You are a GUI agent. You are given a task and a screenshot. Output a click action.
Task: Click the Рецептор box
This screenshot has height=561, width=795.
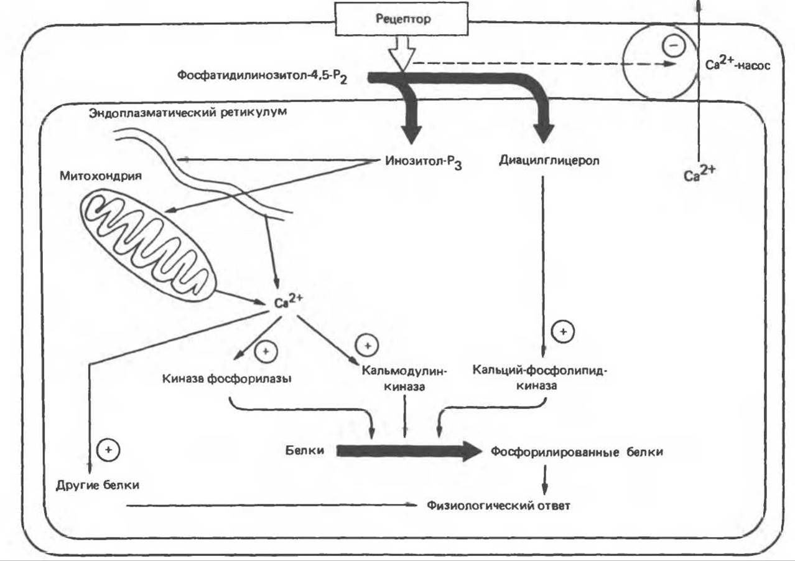(402, 19)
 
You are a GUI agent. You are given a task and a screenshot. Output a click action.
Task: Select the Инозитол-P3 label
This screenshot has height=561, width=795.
(419, 162)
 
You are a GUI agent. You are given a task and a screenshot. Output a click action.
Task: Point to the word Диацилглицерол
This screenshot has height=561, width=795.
(549, 161)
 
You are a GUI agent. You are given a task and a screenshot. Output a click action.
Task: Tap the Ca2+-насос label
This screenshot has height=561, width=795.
(737, 65)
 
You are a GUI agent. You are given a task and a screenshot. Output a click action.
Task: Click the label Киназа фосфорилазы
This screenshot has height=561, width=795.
(227, 378)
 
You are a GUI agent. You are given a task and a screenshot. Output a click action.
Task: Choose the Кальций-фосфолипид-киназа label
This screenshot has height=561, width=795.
(539, 378)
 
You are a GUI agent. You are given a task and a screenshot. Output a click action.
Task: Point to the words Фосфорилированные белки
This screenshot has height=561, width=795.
(576, 452)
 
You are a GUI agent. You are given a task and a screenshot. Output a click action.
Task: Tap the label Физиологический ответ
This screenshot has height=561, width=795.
(498, 505)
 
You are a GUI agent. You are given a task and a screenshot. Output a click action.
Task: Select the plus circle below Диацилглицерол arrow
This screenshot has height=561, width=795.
(563, 332)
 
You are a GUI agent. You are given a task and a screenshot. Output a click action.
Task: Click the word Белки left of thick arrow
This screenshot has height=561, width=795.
(305, 450)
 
